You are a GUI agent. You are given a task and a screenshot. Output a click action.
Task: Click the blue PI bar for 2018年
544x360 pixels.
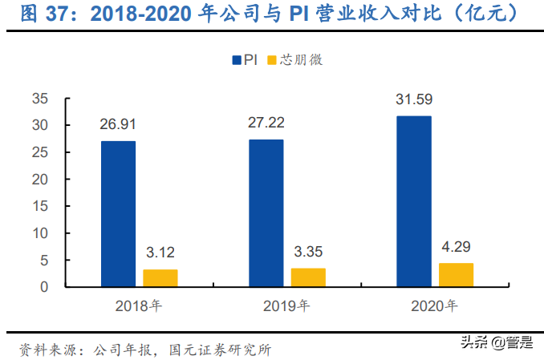(118, 213)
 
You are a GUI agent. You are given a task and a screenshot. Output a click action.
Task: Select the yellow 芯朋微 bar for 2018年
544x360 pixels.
(160, 277)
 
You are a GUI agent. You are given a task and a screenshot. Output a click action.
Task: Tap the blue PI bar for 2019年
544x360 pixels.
(266, 212)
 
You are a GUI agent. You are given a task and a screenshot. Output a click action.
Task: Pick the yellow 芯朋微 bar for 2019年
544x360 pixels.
(308, 277)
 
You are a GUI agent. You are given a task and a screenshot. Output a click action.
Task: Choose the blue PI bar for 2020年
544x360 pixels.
(413, 201)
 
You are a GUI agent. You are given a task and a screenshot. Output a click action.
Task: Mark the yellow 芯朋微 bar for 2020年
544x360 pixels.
(456, 274)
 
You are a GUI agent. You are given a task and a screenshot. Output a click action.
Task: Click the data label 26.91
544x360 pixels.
(118, 125)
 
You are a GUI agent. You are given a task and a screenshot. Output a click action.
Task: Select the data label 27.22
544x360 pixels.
(266, 123)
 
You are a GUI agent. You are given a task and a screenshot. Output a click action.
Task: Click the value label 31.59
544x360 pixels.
(413, 100)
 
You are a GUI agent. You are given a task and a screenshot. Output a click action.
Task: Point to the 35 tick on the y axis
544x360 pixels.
(40, 99)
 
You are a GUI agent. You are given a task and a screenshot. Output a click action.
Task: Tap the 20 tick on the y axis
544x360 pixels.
(40, 180)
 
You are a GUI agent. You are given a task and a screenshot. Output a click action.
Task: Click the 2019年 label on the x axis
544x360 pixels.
(286, 305)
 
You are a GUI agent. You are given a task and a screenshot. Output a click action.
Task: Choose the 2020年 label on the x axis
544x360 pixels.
(434, 305)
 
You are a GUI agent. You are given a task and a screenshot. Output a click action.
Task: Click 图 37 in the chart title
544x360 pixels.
(44, 14)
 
